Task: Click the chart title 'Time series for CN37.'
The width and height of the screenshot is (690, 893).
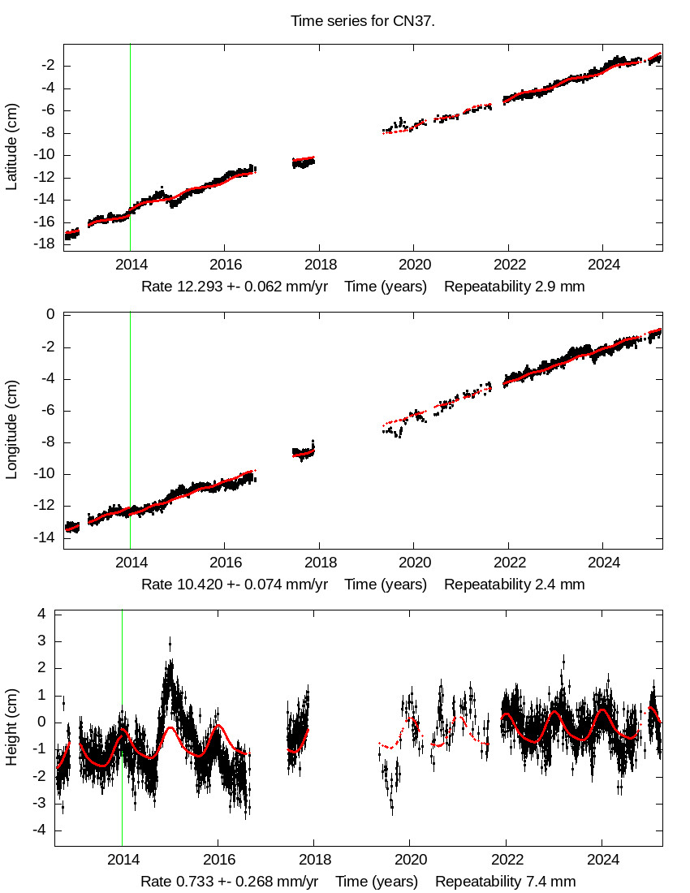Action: click(x=363, y=21)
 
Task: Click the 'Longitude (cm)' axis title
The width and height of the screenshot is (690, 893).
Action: click(x=11, y=431)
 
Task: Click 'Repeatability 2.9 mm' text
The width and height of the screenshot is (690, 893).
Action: click(x=514, y=287)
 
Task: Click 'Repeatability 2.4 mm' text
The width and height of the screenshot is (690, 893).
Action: click(x=514, y=584)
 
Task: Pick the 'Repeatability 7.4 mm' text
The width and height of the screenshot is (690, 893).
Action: click(x=505, y=882)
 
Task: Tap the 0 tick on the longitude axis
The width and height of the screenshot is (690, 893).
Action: click(x=50, y=315)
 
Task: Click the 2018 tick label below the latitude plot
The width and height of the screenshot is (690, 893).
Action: click(x=319, y=264)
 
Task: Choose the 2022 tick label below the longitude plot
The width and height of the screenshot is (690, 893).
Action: click(x=509, y=562)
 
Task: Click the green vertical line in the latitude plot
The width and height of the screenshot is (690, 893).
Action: click(x=130, y=146)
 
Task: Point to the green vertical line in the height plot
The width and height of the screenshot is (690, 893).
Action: click(x=122, y=731)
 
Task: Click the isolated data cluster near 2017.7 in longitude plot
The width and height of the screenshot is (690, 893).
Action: click(x=304, y=452)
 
